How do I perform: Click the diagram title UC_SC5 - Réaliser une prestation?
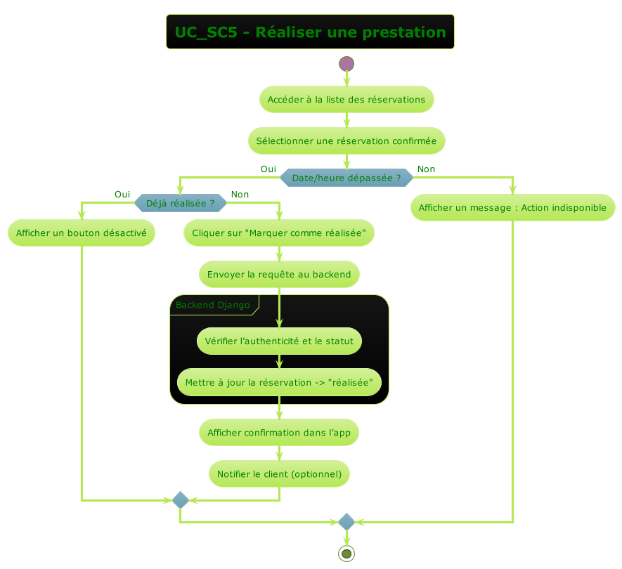(x=310, y=32)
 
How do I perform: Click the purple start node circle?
(x=346, y=63)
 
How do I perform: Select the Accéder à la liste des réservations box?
(x=346, y=100)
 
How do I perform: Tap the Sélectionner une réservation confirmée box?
(x=346, y=141)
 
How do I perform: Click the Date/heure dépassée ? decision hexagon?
(x=346, y=178)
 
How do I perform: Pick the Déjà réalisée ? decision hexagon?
(x=181, y=204)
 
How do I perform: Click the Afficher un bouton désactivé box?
(x=82, y=233)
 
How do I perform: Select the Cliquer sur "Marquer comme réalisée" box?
(x=279, y=233)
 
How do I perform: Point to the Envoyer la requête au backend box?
(x=279, y=274)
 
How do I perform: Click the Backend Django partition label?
(x=213, y=305)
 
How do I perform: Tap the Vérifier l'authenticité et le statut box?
(x=279, y=341)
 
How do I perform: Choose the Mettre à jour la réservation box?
(x=279, y=383)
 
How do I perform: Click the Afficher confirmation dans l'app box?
(x=279, y=433)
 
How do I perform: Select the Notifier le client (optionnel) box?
(x=279, y=474)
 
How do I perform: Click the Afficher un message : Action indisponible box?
(x=512, y=208)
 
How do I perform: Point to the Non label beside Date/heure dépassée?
(x=426, y=169)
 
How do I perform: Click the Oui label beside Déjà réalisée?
(x=122, y=195)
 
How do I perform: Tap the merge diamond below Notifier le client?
(x=181, y=500)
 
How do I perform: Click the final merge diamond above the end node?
(x=346, y=522)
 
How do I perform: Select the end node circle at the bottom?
(x=346, y=554)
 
